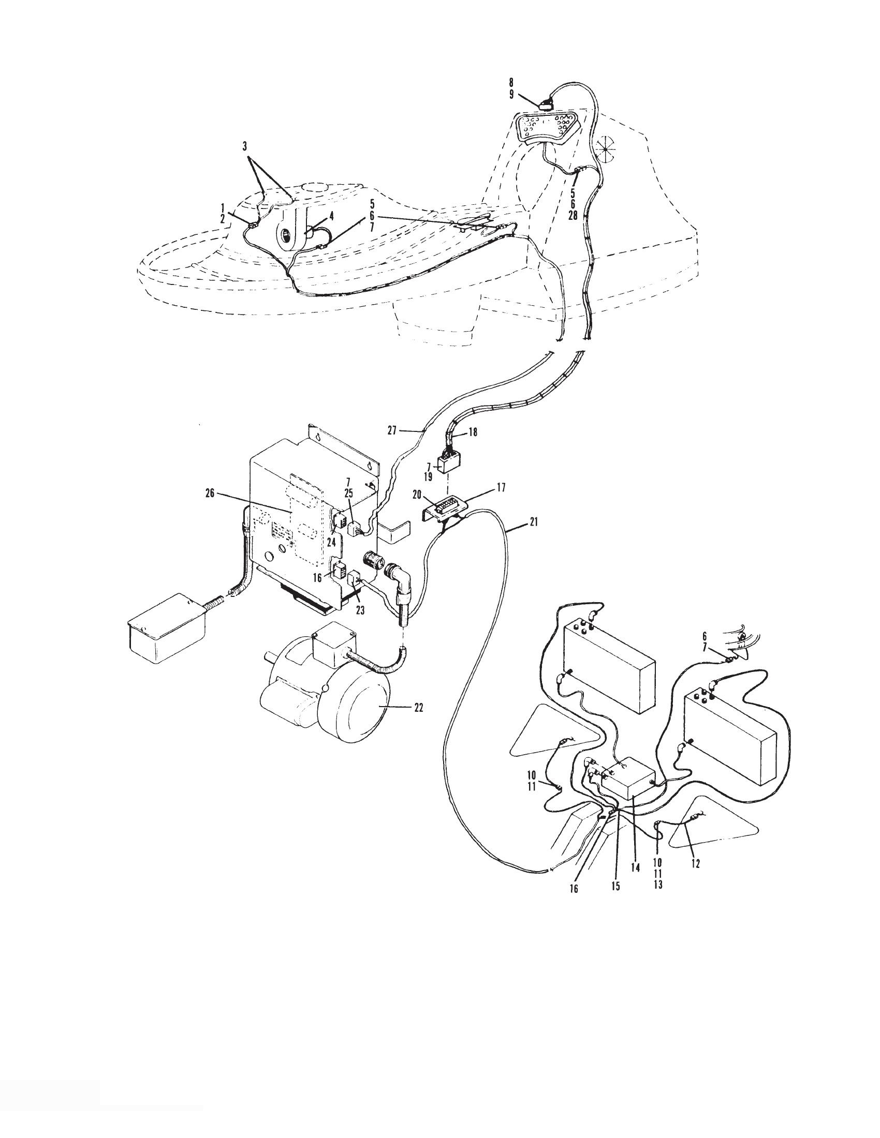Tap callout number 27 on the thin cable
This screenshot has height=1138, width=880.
point(392,430)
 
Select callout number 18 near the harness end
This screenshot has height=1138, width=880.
point(472,432)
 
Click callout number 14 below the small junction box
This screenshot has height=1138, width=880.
point(635,867)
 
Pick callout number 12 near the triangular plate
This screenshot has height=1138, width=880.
point(695,863)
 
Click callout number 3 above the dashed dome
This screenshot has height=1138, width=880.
point(244,146)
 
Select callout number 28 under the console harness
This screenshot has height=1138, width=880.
point(573,216)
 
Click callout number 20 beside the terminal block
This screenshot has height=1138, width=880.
point(417,496)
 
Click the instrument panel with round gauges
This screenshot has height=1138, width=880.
point(545,127)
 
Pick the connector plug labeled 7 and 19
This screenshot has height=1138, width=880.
point(450,461)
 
